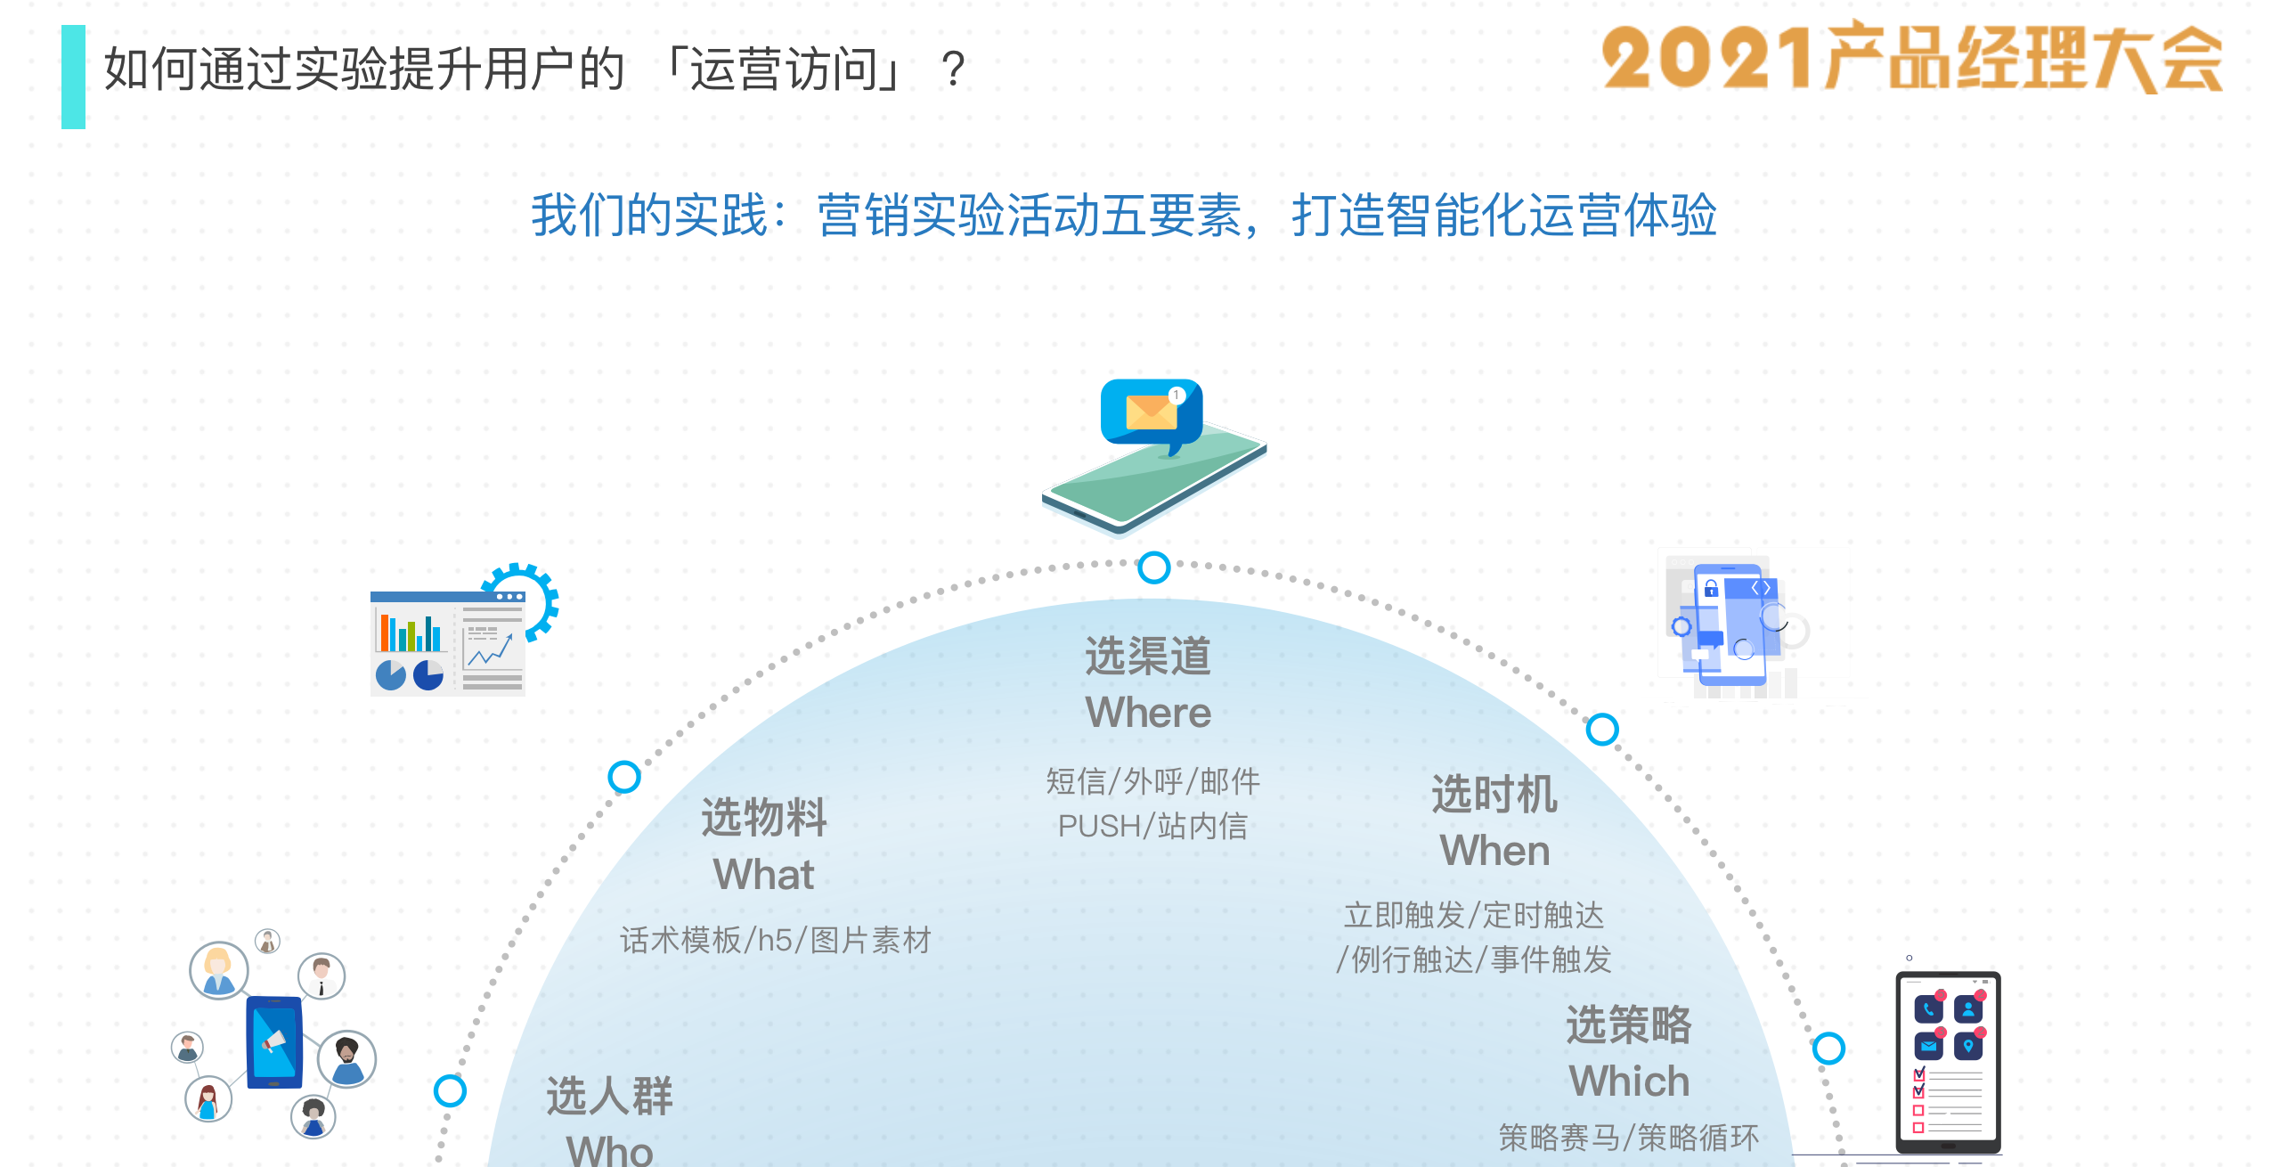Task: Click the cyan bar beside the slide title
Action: (73, 77)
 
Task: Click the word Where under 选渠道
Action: (1148, 713)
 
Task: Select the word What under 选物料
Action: (763, 874)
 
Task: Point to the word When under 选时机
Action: (1494, 851)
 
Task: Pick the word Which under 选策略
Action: (1629, 1081)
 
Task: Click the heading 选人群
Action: (610, 1096)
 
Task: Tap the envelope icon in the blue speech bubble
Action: (1151, 412)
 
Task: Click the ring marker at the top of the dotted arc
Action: (1154, 567)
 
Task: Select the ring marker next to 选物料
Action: (624, 777)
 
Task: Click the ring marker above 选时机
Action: (1602, 730)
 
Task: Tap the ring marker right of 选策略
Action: (1828, 1049)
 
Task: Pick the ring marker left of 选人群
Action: (450, 1090)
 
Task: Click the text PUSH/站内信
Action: (1152, 826)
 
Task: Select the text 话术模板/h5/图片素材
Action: (776, 940)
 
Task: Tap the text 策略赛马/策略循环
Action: (1629, 1138)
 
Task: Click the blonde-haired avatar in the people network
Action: (218, 970)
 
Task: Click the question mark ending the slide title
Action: (953, 69)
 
